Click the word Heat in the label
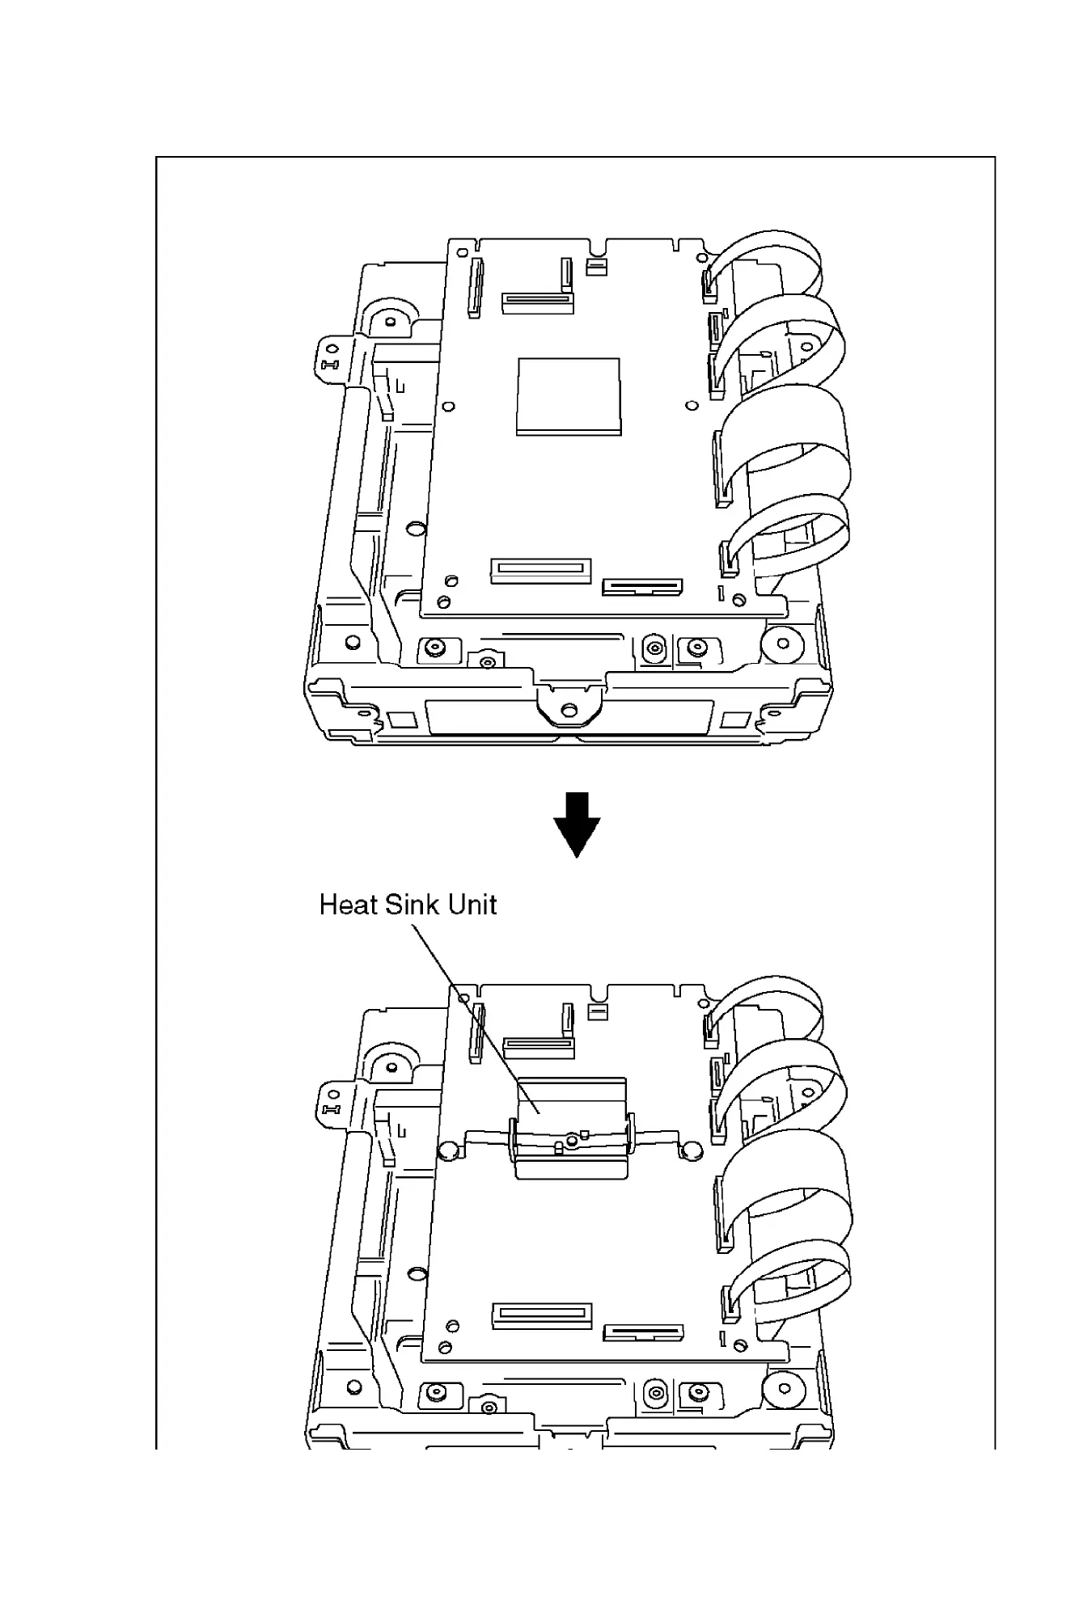[x=349, y=905]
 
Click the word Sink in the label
[x=413, y=905]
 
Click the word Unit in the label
[x=472, y=905]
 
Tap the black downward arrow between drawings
[x=576, y=824]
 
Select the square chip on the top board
[x=569, y=395]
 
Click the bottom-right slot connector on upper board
[x=643, y=585]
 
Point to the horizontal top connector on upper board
[x=537, y=302]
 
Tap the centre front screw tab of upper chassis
[x=570, y=706]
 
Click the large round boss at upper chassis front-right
[x=782, y=644]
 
